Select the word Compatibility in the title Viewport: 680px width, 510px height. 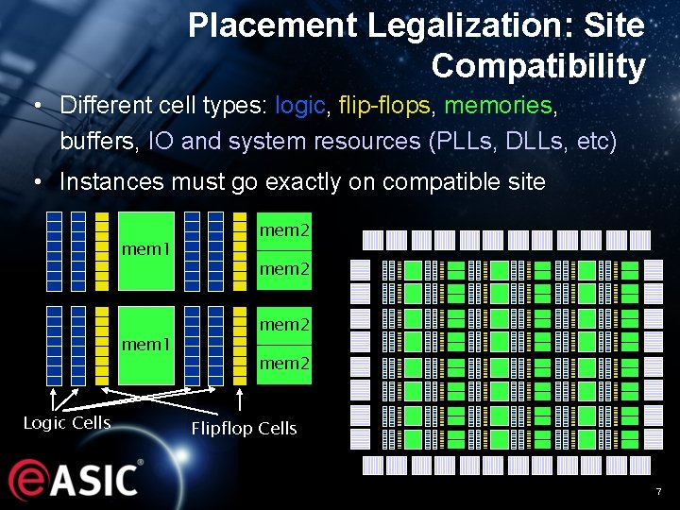tap(538, 66)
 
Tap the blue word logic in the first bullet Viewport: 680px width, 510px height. tap(299, 105)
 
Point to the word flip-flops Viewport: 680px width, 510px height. tap(382, 105)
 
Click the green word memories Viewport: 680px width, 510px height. tap(498, 105)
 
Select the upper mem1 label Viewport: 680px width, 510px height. tap(145, 250)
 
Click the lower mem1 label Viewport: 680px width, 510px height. tap(145, 344)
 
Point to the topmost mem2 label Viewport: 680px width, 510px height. tap(284, 229)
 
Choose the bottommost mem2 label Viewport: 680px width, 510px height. tap(284, 363)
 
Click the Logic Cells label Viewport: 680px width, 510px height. tap(67, 423)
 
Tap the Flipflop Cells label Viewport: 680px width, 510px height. tap(244, 429)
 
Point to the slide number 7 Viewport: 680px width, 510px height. tap(658, 492)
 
